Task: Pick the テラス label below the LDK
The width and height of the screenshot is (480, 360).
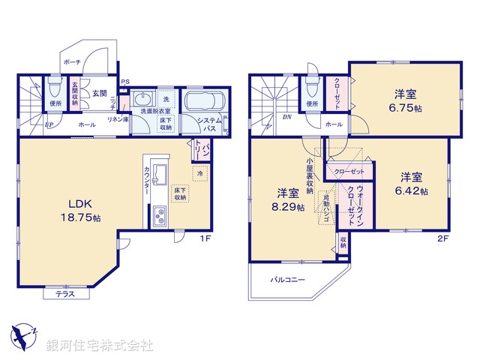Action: coord(65,295)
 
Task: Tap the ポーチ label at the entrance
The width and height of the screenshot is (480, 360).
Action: coord(73,62)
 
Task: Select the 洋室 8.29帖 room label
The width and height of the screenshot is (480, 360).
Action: coord(287,199)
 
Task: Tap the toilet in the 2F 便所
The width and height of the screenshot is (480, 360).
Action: coord(312,88)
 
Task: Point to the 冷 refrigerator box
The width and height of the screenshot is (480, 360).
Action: coord(199,173)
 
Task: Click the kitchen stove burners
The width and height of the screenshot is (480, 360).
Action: coord(160,217)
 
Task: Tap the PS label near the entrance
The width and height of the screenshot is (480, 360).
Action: coord(124,82)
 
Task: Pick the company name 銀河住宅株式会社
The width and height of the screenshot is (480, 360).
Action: coord(100,346)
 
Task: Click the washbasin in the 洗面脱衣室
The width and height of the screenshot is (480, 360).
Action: coord(141,101)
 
